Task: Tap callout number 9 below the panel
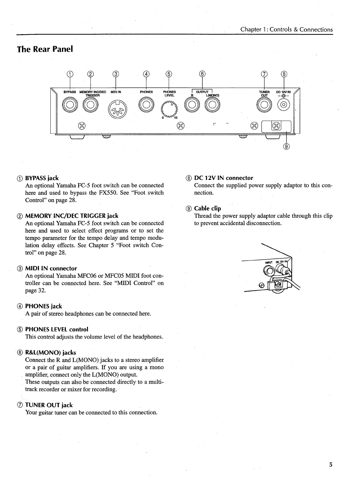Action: tap(286, 147)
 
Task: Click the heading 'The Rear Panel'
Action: tap(45, 49)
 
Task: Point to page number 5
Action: tap(331, 465)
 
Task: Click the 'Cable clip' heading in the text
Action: tap(207, 208)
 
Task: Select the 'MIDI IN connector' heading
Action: tap(51, 268)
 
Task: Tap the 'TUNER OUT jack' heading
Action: tap(49, 405)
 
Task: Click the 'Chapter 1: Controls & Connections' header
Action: tap(286, 29)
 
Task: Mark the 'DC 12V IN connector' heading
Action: tap(224, 178)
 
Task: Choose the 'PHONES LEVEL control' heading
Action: tap(56, 329)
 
